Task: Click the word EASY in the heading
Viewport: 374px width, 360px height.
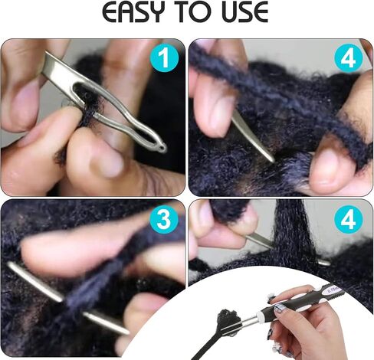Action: pos(133,12)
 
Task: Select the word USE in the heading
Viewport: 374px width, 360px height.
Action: pos(245,12)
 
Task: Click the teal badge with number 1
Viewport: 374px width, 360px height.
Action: pos(164,57)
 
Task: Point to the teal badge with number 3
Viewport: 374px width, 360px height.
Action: pos(164,219)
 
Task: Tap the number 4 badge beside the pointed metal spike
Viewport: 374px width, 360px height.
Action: pos(349,57)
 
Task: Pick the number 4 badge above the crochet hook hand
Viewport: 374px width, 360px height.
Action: pos(349,219)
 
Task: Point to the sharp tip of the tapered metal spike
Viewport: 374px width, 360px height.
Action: pos(273,161)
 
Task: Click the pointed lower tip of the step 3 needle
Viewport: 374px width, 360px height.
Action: pos(128,332)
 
